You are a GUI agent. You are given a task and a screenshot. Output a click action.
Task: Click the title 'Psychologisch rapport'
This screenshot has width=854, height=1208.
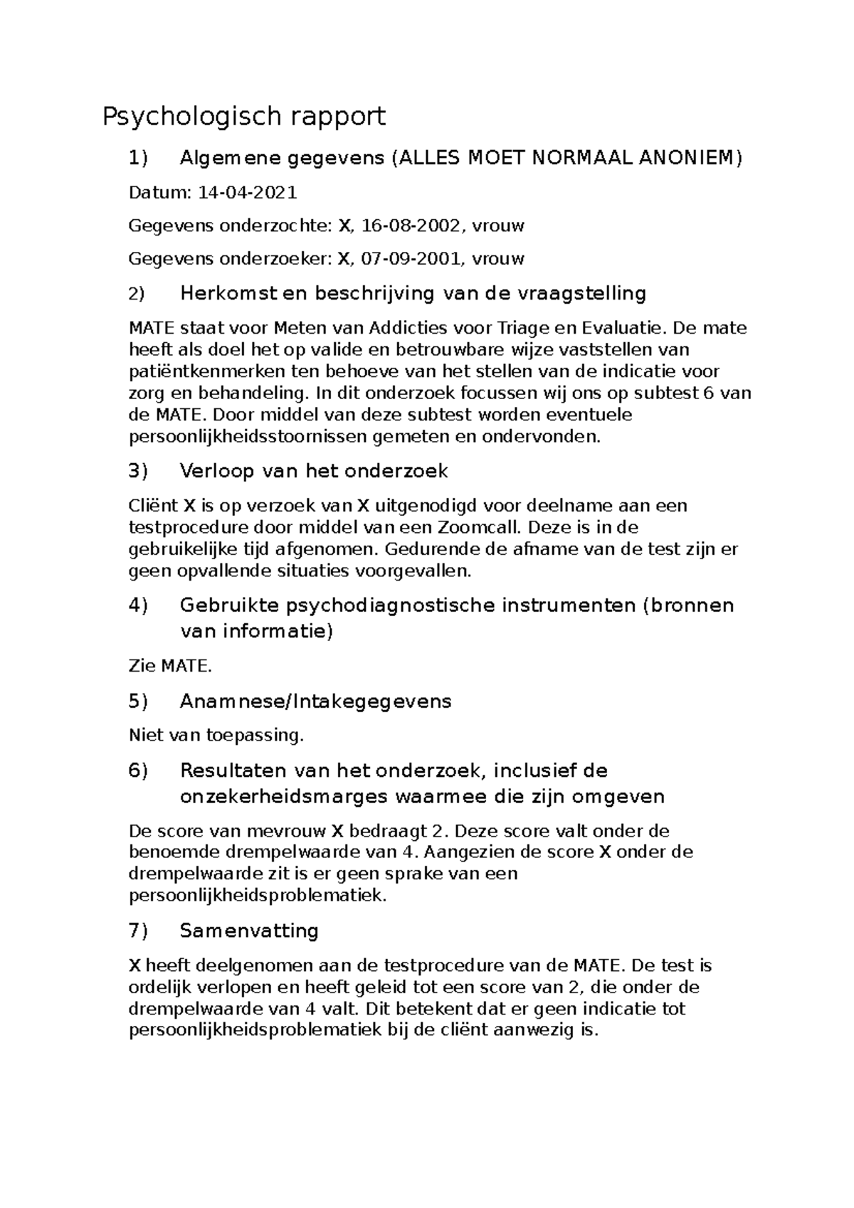[x=244, y=116]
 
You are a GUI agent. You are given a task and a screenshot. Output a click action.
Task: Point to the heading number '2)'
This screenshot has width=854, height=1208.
[x=136, y=294]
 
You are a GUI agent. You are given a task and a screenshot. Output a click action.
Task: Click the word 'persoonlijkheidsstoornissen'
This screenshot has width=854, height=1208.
[x=248, y=437]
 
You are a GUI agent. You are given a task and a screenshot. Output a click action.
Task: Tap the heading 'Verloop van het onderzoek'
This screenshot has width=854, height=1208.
[x=314, y=471]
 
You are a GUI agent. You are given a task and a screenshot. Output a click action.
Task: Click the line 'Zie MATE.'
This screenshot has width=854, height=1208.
[x=170, y=667]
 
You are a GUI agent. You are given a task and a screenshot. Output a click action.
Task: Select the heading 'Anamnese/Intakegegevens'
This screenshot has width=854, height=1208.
[x=315, y=701]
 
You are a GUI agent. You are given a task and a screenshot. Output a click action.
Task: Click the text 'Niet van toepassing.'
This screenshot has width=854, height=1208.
[x=216, y=736]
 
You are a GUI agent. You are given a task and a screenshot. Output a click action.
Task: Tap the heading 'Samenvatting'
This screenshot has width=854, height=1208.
[x=249, y=931]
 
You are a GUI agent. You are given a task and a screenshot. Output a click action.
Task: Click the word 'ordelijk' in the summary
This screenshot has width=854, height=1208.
[x=157, y=988]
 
